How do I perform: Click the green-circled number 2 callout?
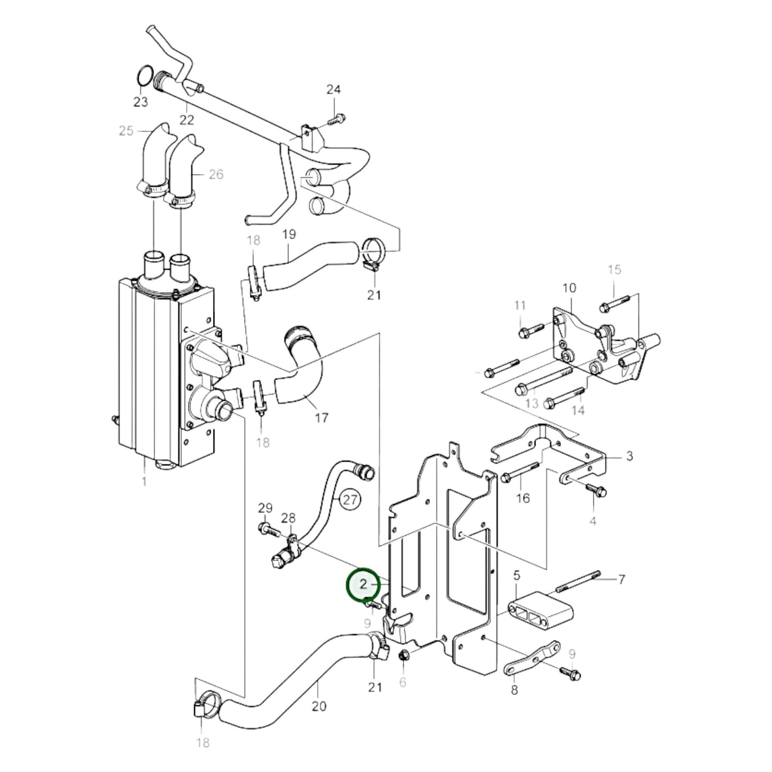(x=364, y=584)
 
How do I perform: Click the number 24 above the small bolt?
(x=333, y=90)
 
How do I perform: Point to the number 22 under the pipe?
(x=186, y=120)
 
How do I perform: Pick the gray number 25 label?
(x=126, y=131)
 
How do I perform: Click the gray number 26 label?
(x=216, y=174)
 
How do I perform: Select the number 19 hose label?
(x=288, y=234)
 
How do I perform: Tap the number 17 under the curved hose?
(x=321, y=418)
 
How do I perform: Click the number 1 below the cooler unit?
(x=144, y=481)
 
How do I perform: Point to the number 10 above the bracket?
(x=570, y=288)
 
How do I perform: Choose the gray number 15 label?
(x=614, y=269)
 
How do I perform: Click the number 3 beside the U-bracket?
(x=629, y=456)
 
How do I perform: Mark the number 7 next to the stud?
(x=621, y=579)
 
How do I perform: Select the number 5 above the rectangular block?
(x=516, y=575)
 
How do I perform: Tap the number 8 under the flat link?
(x=514, y=690)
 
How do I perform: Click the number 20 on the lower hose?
(x=318, y=706)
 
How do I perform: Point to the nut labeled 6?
(x=404, y=655)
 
